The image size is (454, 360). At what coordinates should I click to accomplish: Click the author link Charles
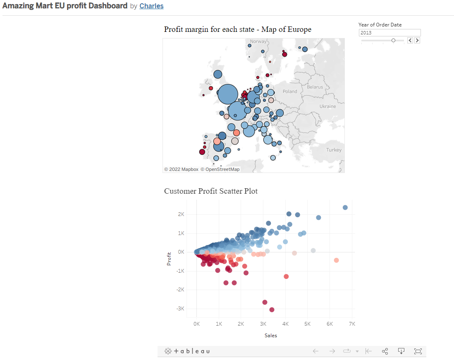[151, 6]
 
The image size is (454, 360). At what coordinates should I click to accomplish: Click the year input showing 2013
[389, 33]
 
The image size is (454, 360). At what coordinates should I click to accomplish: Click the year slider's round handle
[393, 40]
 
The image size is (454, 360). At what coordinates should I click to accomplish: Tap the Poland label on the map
[290, 91]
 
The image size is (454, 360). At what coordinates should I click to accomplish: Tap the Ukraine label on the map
[327, 106]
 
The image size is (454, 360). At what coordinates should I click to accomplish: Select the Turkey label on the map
[334, 150]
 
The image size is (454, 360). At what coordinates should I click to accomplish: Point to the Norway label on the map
[258, 41]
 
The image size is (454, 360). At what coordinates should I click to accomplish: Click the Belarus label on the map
[315, 87]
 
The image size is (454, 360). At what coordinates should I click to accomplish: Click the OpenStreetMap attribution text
[220, 169]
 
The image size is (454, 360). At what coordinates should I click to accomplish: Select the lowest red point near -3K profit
[272, 310]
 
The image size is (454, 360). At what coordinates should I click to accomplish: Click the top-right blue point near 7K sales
[345, 207]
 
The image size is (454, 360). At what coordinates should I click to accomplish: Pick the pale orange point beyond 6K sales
[336, 260]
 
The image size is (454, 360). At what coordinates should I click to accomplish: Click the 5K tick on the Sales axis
[307, 324]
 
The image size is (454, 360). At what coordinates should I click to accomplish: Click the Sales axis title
[271, 336]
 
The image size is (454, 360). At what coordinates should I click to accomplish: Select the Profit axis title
[169, 259]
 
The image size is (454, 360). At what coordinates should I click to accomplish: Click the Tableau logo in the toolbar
[187, 351]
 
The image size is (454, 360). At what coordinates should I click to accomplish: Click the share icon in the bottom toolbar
[385, 351]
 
